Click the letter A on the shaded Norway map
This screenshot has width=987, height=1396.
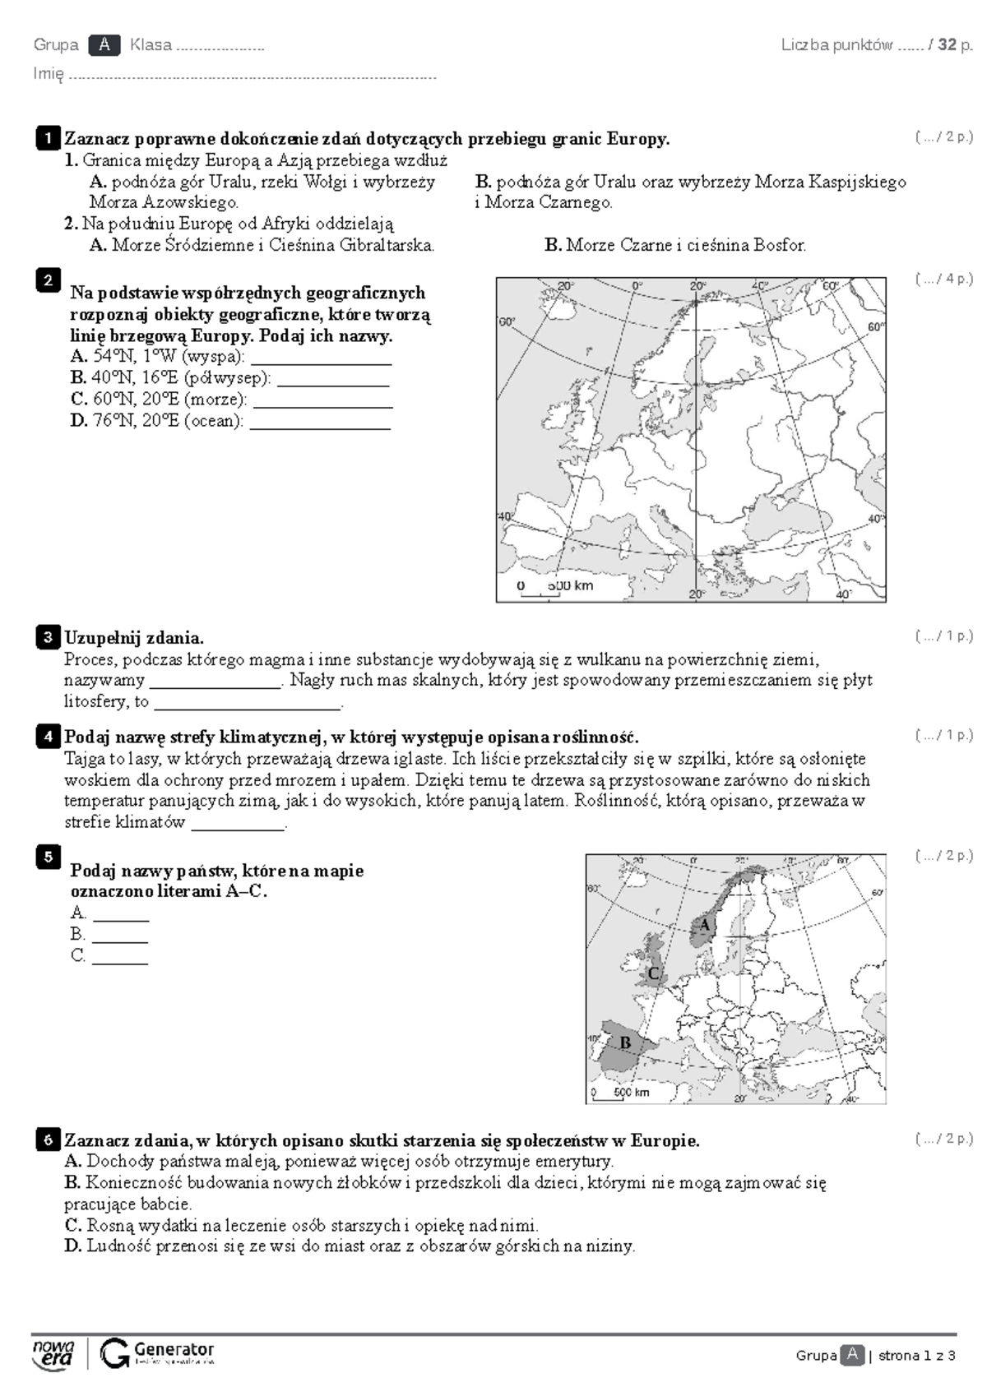(704, 925)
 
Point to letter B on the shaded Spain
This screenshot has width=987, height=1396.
(625, 1043)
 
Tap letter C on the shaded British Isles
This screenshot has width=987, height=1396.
(654, 974)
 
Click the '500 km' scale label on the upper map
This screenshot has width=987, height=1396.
(570, 586)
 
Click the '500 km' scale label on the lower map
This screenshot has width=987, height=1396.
(632, 1093)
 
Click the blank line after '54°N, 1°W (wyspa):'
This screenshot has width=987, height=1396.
(321, 359)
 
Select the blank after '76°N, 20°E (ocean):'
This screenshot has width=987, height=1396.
(320, 423)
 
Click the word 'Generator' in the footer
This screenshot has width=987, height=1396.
(174, 1350)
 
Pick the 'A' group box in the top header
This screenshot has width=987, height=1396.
(104, 45)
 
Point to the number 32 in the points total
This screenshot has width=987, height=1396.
(947, 45)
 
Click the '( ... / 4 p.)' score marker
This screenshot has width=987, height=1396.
(943, 279)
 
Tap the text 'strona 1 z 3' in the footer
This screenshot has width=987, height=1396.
(916, 1356)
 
